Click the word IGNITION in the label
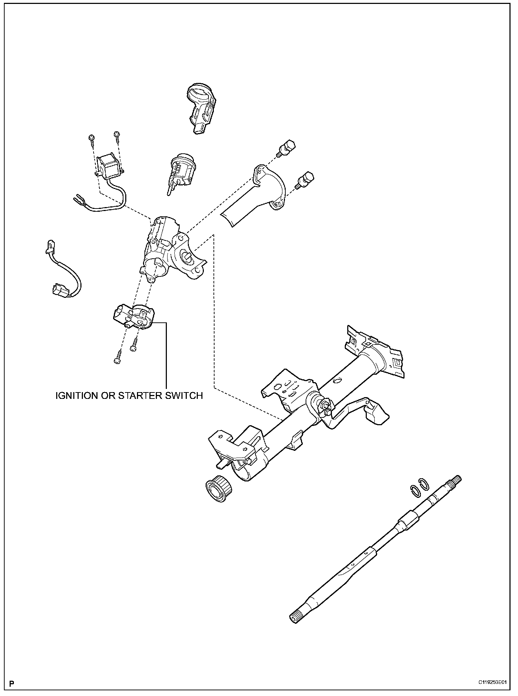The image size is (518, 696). (77, 395)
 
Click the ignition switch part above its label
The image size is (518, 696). (134, 316)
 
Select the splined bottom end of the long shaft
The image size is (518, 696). (295, 617)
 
